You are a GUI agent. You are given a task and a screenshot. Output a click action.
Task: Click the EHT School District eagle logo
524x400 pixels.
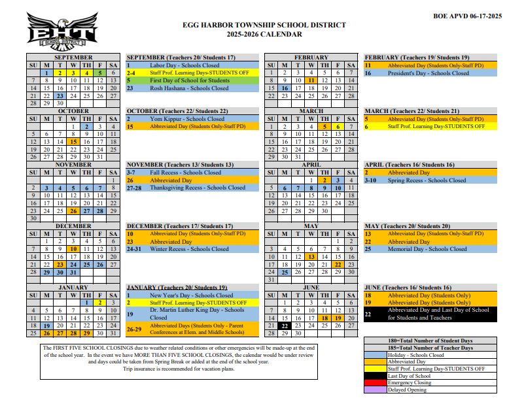click(62, 31)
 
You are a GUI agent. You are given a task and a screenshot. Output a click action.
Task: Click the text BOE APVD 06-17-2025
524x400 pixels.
click(468, 15)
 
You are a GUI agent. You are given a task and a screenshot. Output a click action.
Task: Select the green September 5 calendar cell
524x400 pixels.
click(100, 73)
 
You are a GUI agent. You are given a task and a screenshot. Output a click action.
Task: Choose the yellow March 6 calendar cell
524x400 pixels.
click(338, 126)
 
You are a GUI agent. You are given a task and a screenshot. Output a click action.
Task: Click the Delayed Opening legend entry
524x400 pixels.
click(407, 390)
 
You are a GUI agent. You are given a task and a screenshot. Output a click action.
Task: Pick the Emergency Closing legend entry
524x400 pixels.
click(410, 383)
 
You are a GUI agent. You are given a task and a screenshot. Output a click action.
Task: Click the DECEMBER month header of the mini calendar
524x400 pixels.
click(73, 226)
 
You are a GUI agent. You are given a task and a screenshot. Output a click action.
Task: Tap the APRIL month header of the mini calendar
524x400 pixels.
click(311, 165)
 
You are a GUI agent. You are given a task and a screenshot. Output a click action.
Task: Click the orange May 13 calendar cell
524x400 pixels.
click(311, 257)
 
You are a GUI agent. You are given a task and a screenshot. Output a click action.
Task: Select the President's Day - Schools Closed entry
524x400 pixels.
click(428, 73)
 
